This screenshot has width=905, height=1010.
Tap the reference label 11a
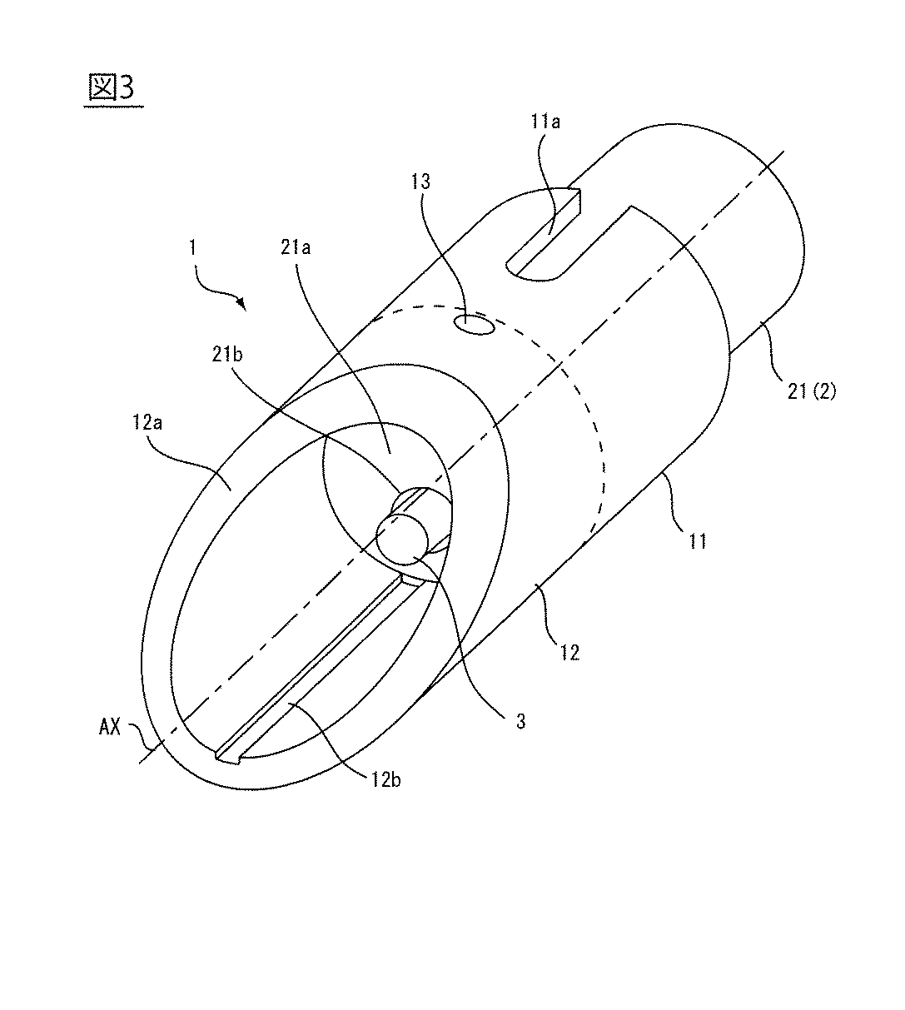[545, 122]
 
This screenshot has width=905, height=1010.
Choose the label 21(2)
[807, 388]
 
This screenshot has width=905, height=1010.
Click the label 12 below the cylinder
[569, 652]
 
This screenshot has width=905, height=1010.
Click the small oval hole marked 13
[472, 324]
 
